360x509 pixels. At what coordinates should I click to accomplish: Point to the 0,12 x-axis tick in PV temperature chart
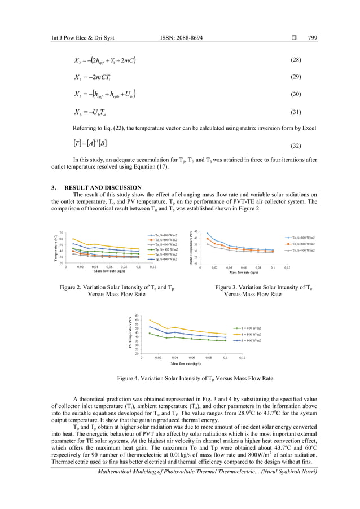click(242, 358)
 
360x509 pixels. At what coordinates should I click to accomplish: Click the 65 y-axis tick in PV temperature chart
click(137, 315)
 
